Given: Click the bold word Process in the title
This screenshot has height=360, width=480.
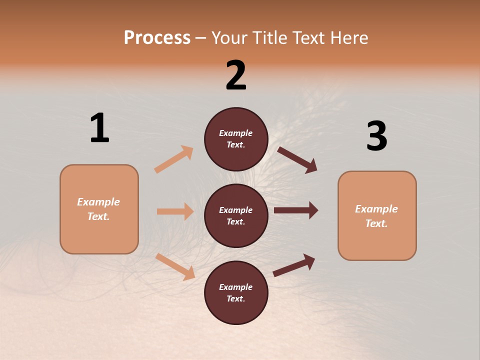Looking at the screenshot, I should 157,38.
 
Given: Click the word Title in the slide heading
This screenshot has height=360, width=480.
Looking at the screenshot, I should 267,38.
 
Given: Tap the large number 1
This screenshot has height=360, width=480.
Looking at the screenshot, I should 99,128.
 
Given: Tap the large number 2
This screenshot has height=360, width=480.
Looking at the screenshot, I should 236,75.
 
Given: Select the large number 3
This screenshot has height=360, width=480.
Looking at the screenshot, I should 376,136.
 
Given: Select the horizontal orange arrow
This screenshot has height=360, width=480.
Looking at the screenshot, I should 175,211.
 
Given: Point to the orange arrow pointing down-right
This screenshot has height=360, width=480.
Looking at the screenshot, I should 175,266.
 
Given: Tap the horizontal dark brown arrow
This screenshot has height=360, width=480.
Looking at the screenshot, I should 295,210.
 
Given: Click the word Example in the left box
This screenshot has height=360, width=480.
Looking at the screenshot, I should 98,202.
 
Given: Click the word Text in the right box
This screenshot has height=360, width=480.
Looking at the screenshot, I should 376,223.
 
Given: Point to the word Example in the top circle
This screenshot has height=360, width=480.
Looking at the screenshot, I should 236,133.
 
